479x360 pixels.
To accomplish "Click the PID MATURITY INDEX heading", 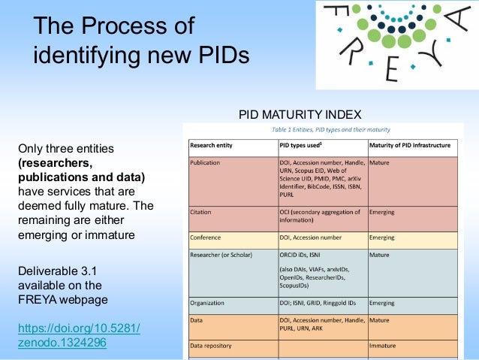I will tap(300, 114).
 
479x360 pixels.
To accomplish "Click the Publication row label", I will tap(206, 162).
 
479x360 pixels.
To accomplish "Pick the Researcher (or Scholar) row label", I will tap(223, 255).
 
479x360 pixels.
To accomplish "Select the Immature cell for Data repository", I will tap(383, 346).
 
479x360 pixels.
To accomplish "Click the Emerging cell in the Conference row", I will tap(383, 238).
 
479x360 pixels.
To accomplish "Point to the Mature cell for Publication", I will tap(380, 162).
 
